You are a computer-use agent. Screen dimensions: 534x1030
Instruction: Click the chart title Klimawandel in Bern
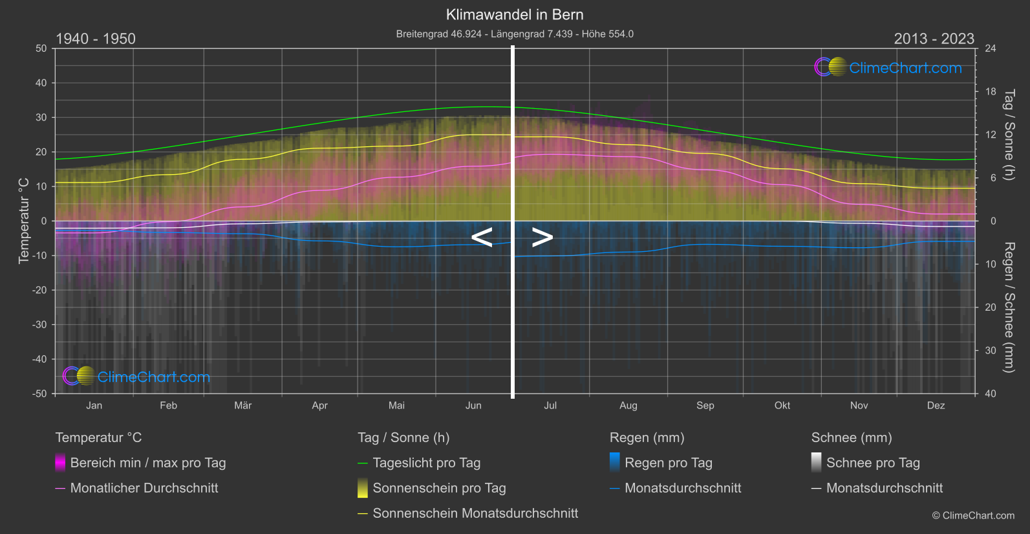(x=515, y=15)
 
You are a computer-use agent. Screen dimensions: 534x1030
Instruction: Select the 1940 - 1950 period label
(x=96, y=39)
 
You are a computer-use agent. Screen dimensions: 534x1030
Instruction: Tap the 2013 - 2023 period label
(x=934, y=39)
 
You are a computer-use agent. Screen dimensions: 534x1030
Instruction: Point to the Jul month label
(x=550, y=406)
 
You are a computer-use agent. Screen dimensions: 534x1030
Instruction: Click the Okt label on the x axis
(x=782, y=406)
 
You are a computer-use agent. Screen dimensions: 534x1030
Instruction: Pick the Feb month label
(x=168, y=406)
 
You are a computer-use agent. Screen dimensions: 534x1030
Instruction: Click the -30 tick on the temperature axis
(x=40, y=325)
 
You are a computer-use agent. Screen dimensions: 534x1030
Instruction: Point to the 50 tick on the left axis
(x=41, y=49)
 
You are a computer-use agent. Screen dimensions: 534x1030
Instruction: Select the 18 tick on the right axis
(x=991, y=92)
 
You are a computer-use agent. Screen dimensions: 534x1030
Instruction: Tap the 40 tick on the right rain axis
(x=991, y=394)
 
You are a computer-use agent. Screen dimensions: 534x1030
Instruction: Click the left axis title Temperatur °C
(x=24, y=221)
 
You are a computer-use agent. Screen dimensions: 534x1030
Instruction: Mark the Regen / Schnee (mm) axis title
(x=1009, y=307)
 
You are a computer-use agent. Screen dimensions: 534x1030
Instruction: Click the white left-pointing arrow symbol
(x=482, y=238)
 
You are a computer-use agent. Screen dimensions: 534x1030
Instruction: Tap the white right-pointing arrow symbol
(x=542, y=238)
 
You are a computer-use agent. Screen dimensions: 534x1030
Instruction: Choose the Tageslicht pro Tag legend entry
(x=426, y=463)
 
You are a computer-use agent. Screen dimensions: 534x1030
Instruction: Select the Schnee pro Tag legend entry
(x=872, y=463)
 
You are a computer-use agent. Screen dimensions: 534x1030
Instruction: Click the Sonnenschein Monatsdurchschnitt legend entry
(x=475, y=513)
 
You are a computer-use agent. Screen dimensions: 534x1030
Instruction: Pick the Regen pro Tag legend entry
(x=668, y=463)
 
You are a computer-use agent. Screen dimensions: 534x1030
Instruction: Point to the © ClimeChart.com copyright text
(x=973, y=516)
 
